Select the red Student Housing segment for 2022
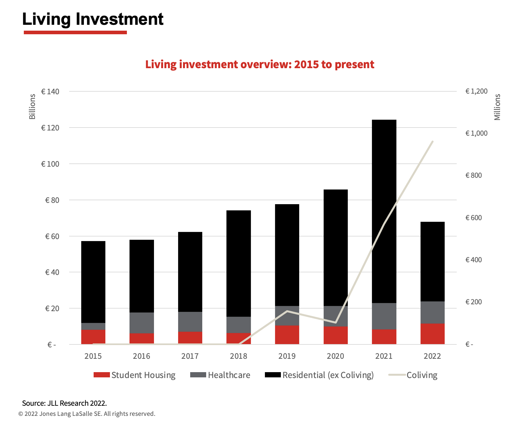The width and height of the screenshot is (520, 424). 432,334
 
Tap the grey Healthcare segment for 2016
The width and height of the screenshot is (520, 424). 142,323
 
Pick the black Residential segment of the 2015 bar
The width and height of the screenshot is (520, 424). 93,282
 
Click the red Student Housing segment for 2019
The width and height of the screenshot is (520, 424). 287,335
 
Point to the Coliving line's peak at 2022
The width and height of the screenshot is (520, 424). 433,142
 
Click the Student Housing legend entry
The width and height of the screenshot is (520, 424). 134,375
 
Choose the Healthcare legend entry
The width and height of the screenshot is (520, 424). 220,375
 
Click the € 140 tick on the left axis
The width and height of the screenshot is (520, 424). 50,92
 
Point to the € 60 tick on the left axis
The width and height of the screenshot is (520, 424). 52,236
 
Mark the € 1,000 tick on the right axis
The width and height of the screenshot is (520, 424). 476,133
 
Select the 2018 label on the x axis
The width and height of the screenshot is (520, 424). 238,356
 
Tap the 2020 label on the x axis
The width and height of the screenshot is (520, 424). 335,356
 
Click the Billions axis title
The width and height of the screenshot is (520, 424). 32,107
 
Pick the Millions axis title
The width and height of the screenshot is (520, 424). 497,107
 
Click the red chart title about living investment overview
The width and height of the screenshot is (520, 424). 260,64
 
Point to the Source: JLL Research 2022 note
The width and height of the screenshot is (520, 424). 64,403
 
